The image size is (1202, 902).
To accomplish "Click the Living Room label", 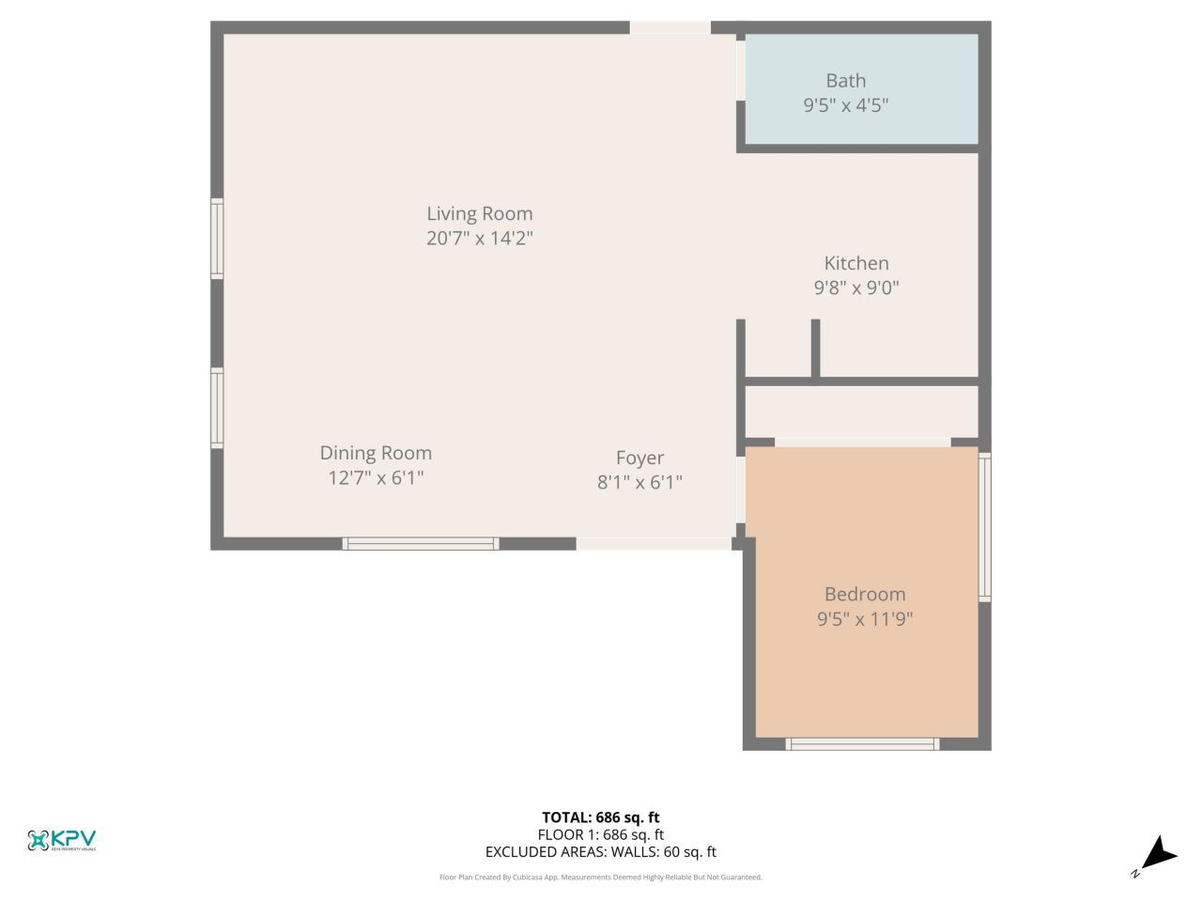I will [x=479, y=213].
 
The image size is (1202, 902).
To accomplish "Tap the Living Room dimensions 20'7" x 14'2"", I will [x=479, y=238].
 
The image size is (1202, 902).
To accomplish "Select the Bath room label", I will [x=845, y=81].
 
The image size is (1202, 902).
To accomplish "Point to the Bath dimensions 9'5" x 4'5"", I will [x=845, y=105].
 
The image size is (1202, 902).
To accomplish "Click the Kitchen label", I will [x=855, y=263].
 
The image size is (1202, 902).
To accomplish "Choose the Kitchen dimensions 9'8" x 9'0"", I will [x=855, y=288].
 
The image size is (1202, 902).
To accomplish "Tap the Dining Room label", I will [x=376, y=453].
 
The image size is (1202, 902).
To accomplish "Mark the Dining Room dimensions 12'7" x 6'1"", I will [x=376, y=477].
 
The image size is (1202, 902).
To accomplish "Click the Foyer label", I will [x=640, y=458].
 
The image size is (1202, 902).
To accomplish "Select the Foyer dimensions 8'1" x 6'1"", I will [x=640, y=482].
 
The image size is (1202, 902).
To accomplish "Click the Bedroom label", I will [x=864, y=594].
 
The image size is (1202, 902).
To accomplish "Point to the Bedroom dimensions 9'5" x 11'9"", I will [x=864, y=618].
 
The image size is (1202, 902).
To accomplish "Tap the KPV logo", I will [x=62, y=840].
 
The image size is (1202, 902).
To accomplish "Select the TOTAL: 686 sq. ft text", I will [x=600, y=817].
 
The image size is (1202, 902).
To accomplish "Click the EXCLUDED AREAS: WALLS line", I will [x=600, y=852].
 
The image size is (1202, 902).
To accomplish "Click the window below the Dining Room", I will [x=420, y=543].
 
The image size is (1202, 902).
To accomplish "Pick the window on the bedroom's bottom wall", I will [x=862, y=744].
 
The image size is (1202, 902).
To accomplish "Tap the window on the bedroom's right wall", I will [x=984, y=527].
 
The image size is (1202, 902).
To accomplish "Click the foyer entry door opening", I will [x=654, y=543].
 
